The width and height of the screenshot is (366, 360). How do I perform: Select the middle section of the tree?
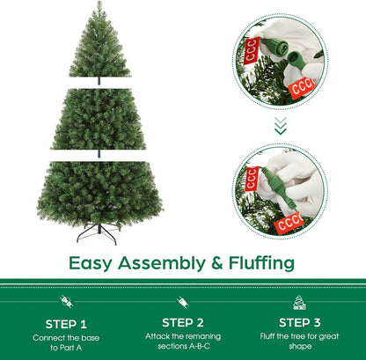pos(99,119)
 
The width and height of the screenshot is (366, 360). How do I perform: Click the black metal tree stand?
pos(98,234)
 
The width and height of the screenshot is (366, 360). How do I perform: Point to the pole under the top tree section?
pos(99,81)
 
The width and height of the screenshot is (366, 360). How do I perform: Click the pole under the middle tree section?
pos(99,153)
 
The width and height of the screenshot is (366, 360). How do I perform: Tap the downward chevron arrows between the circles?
pos(281,126)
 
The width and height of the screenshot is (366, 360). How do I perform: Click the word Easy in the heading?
pos(91,263)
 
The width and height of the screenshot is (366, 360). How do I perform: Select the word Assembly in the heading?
pos(162,263)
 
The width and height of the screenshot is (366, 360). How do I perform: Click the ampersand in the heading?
pos(217,263)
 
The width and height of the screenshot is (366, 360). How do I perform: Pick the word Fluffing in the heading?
pos(261,263)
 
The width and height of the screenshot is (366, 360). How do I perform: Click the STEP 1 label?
pos(66,324)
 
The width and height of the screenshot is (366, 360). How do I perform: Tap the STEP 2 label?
pos(183,323)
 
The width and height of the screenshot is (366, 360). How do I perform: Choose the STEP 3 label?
pos(299,323)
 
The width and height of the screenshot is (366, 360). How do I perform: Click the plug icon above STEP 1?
pos(66,302)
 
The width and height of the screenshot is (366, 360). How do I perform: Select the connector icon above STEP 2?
pos(183,302)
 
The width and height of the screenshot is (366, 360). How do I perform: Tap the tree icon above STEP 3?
pos(299,303)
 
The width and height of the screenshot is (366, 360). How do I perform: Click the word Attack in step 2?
pos(157,336)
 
